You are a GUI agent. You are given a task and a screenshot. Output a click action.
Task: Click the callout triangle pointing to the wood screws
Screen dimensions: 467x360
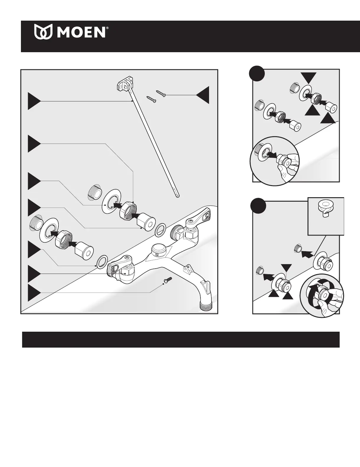[x=203, y=95]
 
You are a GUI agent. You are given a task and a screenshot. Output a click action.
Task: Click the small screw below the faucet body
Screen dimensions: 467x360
[x=168, y=279]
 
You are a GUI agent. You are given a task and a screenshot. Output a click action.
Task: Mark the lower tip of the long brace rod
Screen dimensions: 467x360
[x=178, y=195]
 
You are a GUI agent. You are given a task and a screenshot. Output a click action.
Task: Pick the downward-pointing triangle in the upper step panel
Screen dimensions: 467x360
[x=309, y=78]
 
